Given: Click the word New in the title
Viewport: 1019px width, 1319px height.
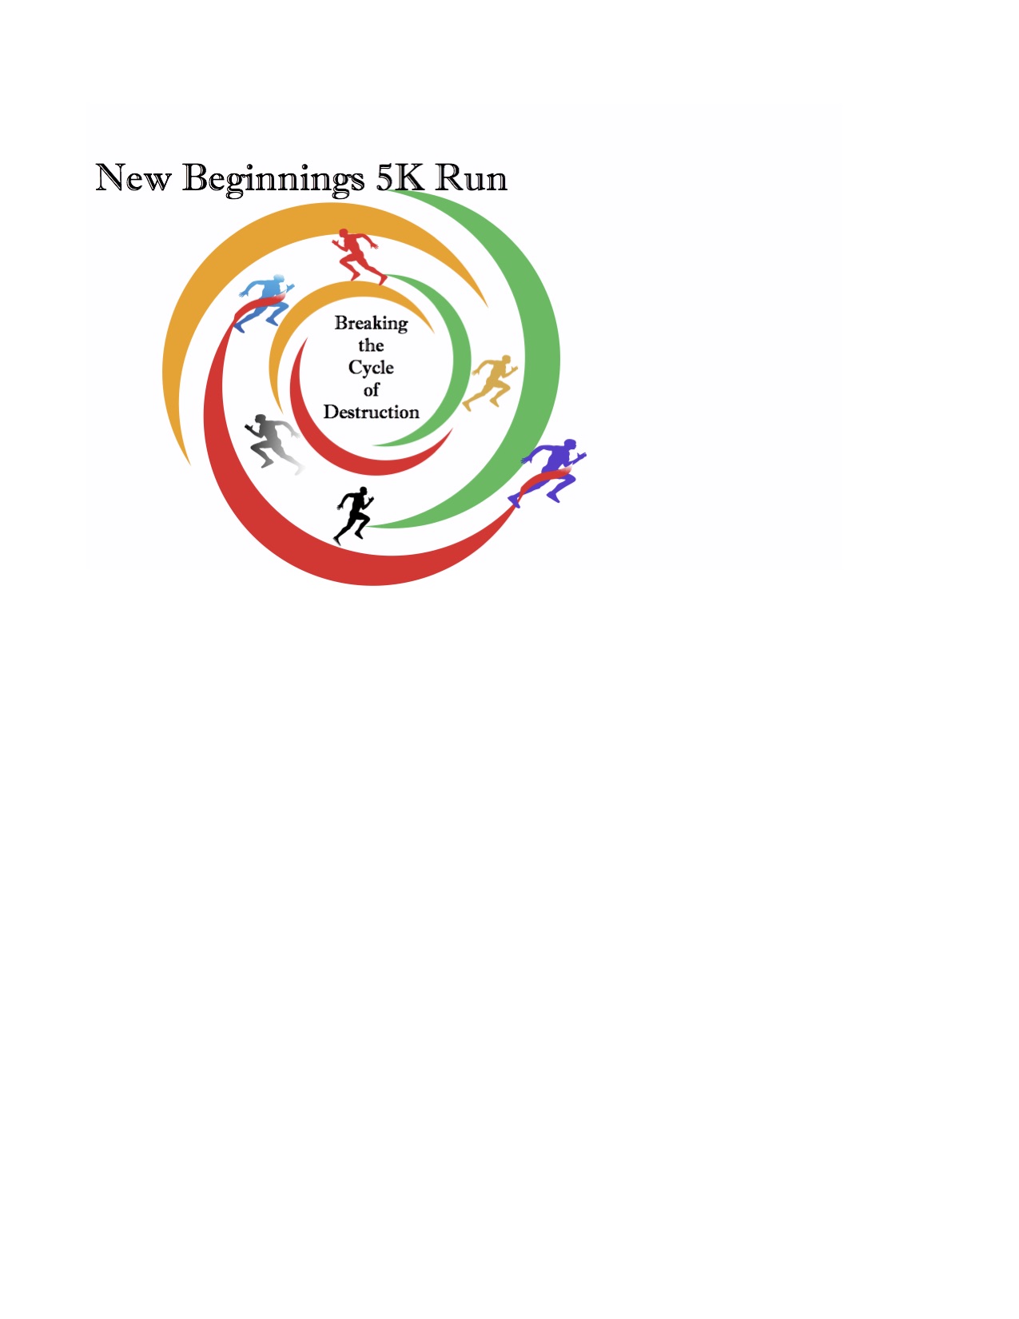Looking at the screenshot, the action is click(133, 177).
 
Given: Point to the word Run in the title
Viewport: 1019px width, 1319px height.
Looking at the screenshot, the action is click(471, 177).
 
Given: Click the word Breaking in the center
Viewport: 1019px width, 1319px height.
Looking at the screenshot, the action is click(371, 324).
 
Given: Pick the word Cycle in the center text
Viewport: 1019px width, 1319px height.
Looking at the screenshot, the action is click(371, 368).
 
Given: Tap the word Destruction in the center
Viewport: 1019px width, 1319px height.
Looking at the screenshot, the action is click(371, 412).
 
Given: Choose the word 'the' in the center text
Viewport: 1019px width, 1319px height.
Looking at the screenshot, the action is click(371, 345).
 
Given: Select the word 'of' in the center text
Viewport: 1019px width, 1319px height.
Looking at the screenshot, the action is click(372, 389).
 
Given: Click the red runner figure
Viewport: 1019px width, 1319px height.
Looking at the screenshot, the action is click(358, 256).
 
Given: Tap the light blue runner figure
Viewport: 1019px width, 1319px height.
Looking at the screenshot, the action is click(265, 303).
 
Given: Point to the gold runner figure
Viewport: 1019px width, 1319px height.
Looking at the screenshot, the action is click(491, 383).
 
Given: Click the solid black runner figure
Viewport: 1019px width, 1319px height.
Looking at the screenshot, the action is click(354, 516).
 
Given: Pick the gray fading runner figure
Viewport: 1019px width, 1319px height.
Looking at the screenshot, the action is click(273, 444).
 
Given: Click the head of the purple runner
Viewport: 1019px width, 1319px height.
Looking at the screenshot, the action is click(569, 445).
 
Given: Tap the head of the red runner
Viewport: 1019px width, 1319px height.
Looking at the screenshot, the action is click(344, 233).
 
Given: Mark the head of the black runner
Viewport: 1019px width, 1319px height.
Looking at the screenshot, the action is click(363, 492).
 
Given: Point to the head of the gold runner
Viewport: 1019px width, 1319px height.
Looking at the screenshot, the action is click(506, 360).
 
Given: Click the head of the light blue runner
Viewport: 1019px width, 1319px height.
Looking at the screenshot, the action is click(279, 279).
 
